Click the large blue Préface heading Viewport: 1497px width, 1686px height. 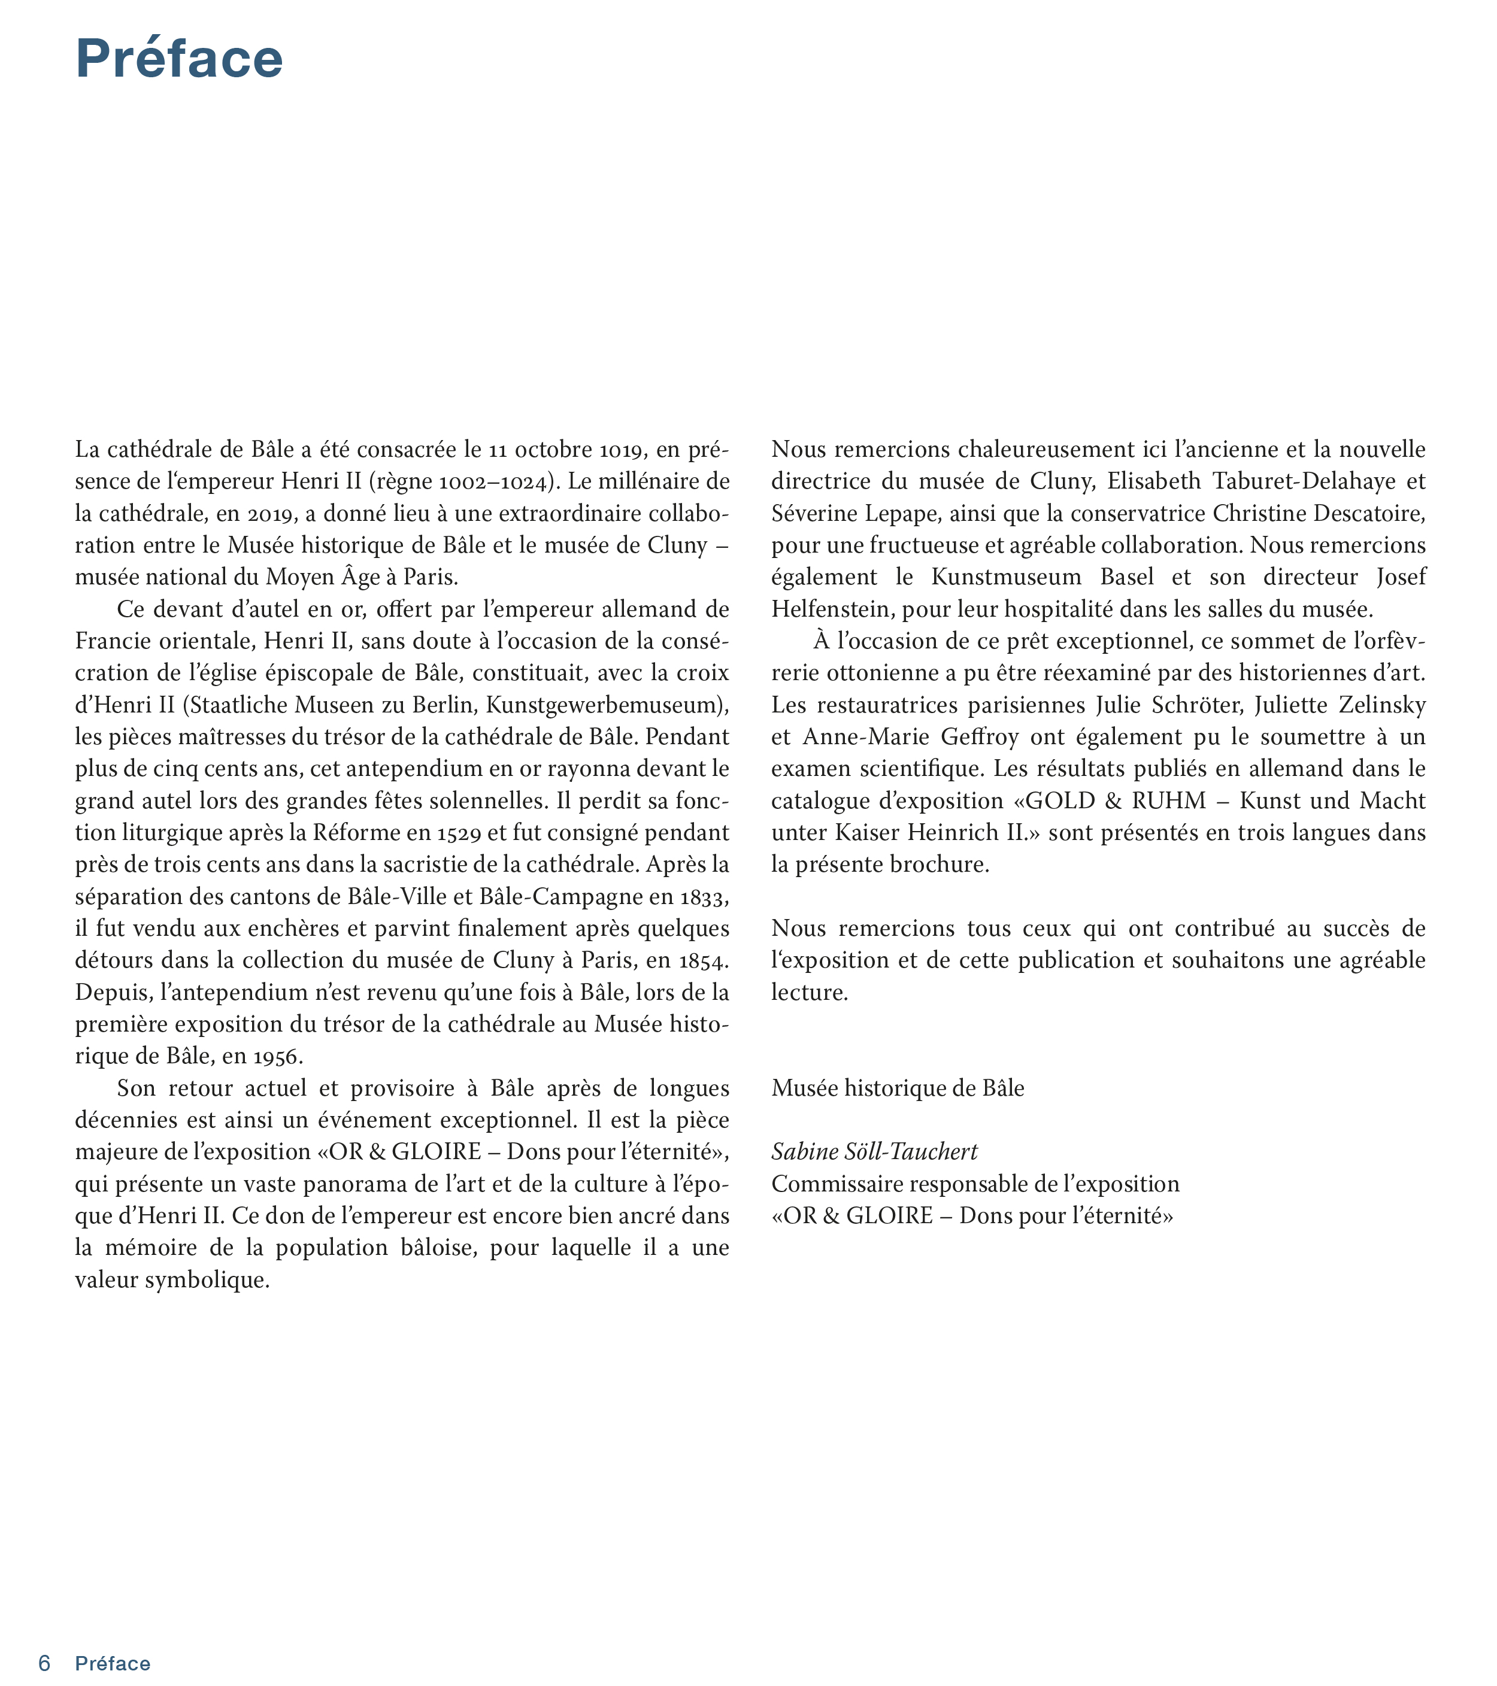179,59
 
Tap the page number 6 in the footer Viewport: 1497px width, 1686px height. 44,1663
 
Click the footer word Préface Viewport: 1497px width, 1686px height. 113,1663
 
